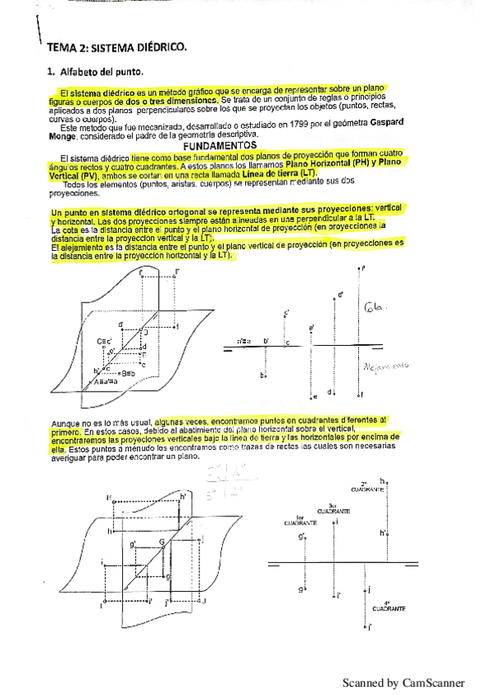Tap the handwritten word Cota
point(374,308)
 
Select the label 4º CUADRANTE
point(387,607)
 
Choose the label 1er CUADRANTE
point(299,520)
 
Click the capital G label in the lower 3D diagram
point(161,543)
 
